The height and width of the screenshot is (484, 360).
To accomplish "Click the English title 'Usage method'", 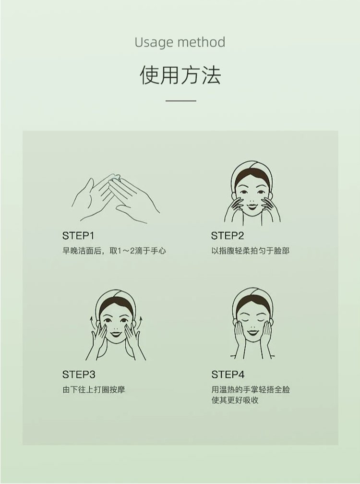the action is click(x=180, y=43).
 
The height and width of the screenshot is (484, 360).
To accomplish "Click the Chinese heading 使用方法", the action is click(x=180, y=75).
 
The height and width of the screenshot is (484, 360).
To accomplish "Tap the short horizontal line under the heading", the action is click(x=181, y=101).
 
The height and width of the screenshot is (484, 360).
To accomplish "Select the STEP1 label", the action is click(x=78, y=235).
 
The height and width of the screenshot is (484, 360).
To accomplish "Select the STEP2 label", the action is click(x=228, y=235).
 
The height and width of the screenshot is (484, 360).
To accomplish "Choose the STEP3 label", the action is click(x=79, y=375).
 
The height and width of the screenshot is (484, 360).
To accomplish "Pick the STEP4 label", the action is click(x=228, y=375).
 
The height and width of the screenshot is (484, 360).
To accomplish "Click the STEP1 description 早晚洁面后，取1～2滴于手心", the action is click(x=114, y=251).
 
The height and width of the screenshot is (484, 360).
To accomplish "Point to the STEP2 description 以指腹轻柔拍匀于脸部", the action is click(x=250, y=251).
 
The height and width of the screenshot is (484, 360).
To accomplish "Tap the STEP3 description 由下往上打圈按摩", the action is click(x=94, y=389).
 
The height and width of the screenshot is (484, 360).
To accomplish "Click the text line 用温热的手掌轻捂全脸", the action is click(x=251, y=389).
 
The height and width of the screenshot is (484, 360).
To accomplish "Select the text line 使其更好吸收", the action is click(x=235, y=400).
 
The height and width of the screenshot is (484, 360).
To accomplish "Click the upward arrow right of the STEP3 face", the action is click(x=141, y=323).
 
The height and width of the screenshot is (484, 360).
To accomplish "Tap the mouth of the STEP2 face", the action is click(x=252, y=206).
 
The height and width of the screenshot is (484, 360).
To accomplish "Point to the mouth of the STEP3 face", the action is click(x=117, y=334).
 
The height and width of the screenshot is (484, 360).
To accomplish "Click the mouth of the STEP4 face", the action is click(x=253, y=333).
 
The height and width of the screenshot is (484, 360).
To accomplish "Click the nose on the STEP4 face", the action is click(x=253, y=325).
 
